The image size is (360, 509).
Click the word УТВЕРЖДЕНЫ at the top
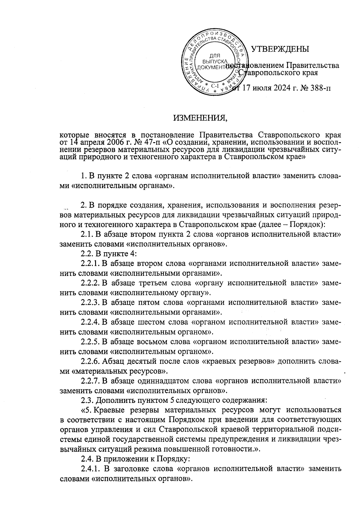(x=280, y=49)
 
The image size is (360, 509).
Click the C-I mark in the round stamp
(x=214, y=86)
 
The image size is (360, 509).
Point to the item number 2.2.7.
(x=90, y=381)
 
